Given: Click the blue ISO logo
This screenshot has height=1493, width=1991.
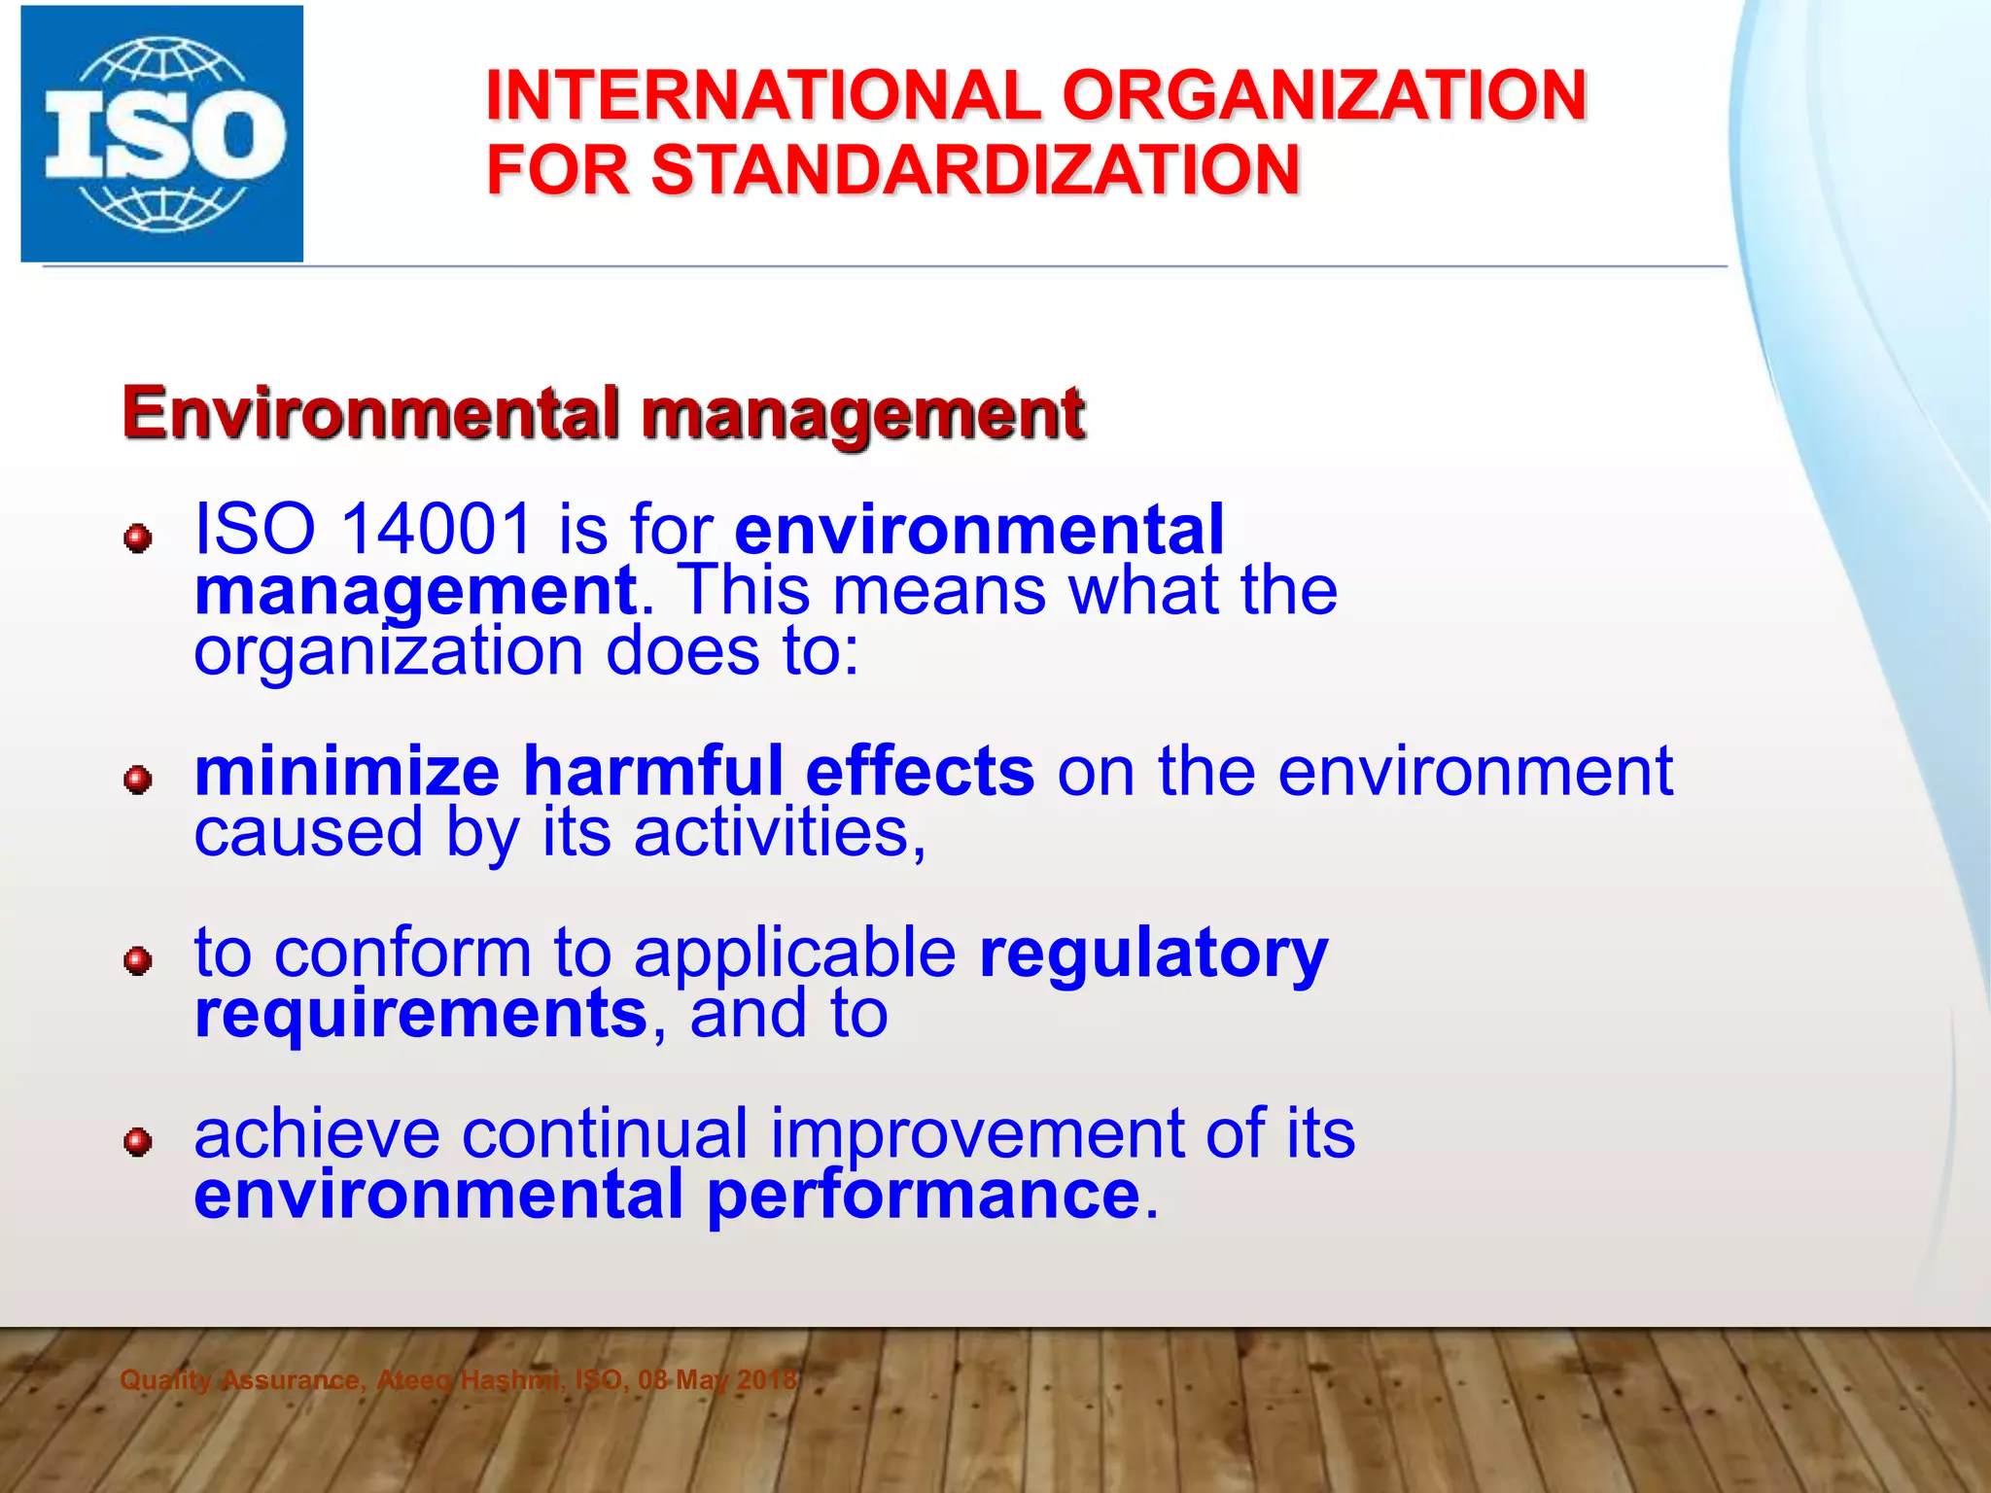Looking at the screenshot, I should [162, 134].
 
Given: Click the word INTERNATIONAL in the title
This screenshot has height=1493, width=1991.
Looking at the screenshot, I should [758, 96].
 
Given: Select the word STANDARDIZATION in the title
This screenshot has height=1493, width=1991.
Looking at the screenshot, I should [975, 170].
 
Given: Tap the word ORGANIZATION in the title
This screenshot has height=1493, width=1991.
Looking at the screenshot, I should [1324, 96].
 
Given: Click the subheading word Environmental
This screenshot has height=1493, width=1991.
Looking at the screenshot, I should [370, 413].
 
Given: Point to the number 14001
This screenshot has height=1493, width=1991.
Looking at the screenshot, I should [437, 530].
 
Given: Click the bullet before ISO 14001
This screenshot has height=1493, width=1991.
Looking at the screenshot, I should [138, 538].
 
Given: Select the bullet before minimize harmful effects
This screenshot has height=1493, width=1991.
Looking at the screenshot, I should [138, 779].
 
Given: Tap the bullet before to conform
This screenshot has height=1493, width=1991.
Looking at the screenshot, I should [138, 960].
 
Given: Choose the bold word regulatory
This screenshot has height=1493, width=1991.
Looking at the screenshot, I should [1153, 955].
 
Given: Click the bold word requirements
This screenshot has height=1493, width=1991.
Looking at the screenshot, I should [421, 1014].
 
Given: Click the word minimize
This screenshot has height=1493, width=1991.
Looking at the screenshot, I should [347, 772].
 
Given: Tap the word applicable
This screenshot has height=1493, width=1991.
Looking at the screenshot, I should [794, 955].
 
